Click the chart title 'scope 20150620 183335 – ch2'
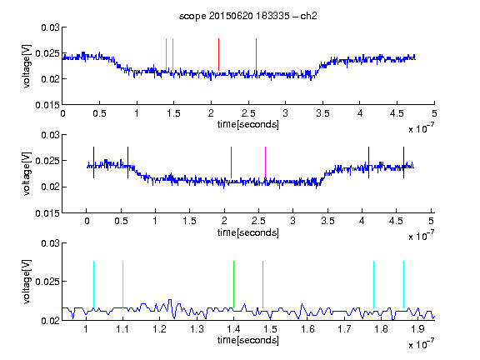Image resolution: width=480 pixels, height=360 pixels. point(248,16)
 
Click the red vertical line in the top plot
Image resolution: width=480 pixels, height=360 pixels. point(218,54)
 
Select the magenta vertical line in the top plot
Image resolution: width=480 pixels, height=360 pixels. point(256,54)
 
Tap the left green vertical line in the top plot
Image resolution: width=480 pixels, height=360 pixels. point(166,54)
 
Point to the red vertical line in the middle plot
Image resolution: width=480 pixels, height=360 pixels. point(231,162)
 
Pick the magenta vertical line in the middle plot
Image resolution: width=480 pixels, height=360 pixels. point(265,162)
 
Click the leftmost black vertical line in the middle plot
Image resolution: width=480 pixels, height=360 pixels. point(93,162)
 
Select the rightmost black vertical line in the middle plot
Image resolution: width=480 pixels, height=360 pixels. point(403,162)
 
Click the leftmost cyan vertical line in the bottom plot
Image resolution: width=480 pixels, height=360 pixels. point(93,284)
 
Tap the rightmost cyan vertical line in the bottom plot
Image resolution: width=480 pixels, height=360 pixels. point(403,284)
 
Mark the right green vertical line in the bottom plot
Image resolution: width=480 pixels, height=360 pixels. point(262,284)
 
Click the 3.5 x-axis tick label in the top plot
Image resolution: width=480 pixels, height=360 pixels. point(322,113)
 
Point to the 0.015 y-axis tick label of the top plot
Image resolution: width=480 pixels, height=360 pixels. point(47,105)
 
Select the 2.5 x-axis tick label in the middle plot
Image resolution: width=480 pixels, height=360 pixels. point(258,221)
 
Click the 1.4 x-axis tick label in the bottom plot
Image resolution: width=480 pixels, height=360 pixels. point(233,329)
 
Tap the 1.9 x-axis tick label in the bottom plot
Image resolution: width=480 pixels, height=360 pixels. point(417,329)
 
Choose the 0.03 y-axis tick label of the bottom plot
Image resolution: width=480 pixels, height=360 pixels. point(51,243)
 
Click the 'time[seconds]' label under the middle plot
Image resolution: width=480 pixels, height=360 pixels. point(248,232)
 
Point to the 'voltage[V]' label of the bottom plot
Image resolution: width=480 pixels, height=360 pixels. point(27,282)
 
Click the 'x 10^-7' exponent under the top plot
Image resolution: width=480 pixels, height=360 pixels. point(421,128)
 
